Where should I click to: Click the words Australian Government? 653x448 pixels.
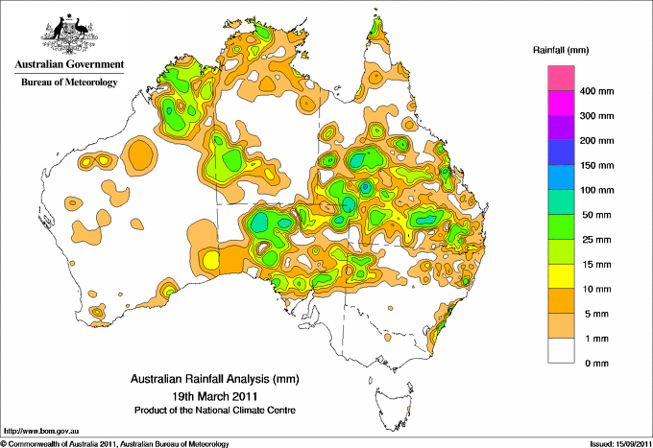[x=68, y=65]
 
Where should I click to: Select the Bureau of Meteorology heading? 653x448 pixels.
[x=68, y=83]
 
